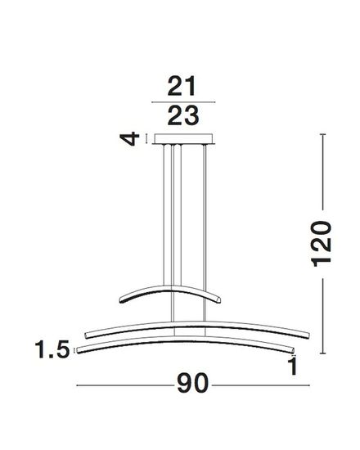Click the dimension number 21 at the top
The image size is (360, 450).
tap(183, 86)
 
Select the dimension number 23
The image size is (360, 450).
tap(183, 116)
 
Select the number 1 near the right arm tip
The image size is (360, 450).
tap(292, 366)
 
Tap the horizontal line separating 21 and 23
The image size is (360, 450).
tap(183, 101)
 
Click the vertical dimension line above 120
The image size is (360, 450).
tap(326, 175)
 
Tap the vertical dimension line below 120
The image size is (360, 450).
tap(326, 316)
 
